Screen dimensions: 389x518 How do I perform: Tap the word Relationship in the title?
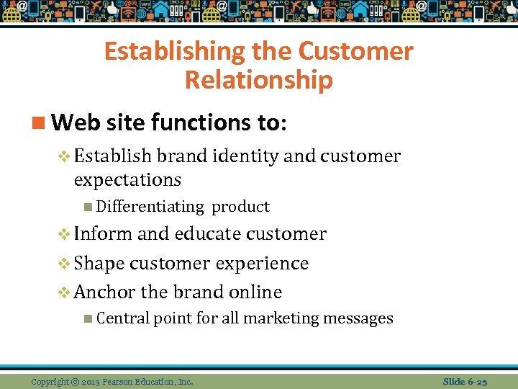pyautogui.click(x=258, y=80)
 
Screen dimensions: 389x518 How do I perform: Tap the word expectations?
pyautogui.click(x=127, y=179)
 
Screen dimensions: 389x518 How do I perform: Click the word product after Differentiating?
pyautogui.click(x=240, y=207)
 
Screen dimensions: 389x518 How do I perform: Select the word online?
pyautogui.click(x=254, y=292)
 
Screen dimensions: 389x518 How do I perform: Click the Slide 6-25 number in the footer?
pyautogui.click(x=465, y=381)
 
